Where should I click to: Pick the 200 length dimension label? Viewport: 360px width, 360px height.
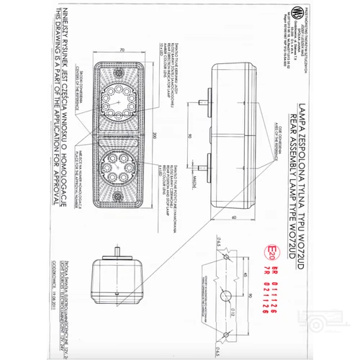[x=153, y=133]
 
